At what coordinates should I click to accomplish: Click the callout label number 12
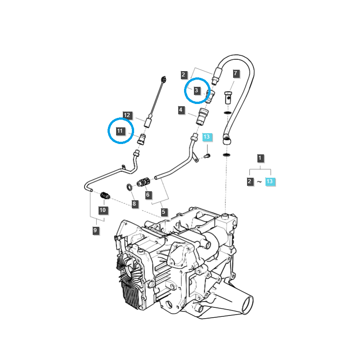[127, 115]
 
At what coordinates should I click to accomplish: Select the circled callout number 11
[120, 131]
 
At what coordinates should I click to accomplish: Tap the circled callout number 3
[197, 90]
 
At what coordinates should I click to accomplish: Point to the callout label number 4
[180, 110]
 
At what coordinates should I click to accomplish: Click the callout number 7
[235, 73]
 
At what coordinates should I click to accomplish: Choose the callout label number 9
[95, 230]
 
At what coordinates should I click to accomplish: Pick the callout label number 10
[103, 210]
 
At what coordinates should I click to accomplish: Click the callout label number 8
[134, 204]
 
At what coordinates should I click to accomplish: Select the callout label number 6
[148, 195]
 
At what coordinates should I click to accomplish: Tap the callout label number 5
[164, 211]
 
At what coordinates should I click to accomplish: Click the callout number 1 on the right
[260, 158]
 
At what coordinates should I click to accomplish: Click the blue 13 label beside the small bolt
[207, 137]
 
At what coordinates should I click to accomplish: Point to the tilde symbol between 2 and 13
[260, 182]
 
